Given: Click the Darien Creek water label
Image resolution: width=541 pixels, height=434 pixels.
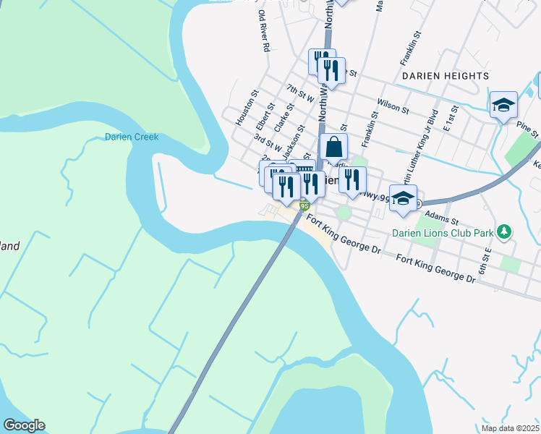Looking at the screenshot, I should point(131,137).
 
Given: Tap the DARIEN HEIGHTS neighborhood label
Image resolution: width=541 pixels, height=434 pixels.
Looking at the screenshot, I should point(446,76).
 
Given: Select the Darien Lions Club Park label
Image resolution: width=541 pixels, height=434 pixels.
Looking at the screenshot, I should point(442,233).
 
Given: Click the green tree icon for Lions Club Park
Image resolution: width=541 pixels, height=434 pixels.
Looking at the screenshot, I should point(505,232).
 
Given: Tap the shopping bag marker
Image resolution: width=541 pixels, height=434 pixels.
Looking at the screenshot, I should point(333,148).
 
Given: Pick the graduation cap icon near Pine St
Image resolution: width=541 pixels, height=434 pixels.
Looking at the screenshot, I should point(503,106).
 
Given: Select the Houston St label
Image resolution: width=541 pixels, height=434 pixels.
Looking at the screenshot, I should point(243,108).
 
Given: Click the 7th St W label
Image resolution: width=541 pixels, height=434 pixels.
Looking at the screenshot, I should point(299,92).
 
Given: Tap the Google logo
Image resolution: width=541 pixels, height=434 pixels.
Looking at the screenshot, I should point(24,425).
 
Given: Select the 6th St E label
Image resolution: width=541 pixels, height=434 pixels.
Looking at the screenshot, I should point(489,257).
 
